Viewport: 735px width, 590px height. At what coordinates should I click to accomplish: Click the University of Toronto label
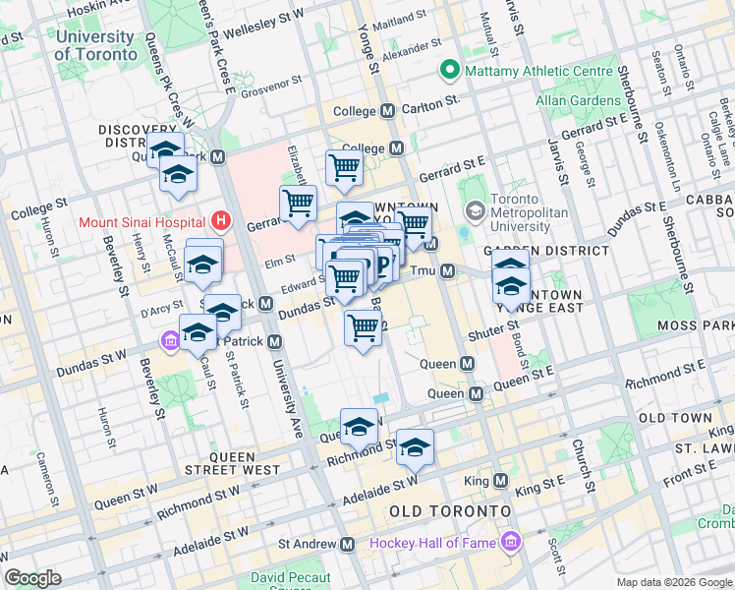95,46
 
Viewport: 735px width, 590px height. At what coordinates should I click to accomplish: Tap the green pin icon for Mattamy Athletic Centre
450,70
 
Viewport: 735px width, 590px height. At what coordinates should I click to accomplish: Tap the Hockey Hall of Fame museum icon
510,543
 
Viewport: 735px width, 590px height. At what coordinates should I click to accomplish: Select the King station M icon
500,481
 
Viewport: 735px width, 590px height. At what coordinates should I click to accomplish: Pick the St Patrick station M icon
275,341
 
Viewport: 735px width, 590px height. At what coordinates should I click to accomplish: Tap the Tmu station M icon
447,270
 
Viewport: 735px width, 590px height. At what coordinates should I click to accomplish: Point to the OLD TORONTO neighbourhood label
450,512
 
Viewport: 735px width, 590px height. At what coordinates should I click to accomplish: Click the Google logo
32,578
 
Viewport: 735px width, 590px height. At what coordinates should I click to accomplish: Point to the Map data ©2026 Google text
674,582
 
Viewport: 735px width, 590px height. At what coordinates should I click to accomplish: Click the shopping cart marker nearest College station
344,168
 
